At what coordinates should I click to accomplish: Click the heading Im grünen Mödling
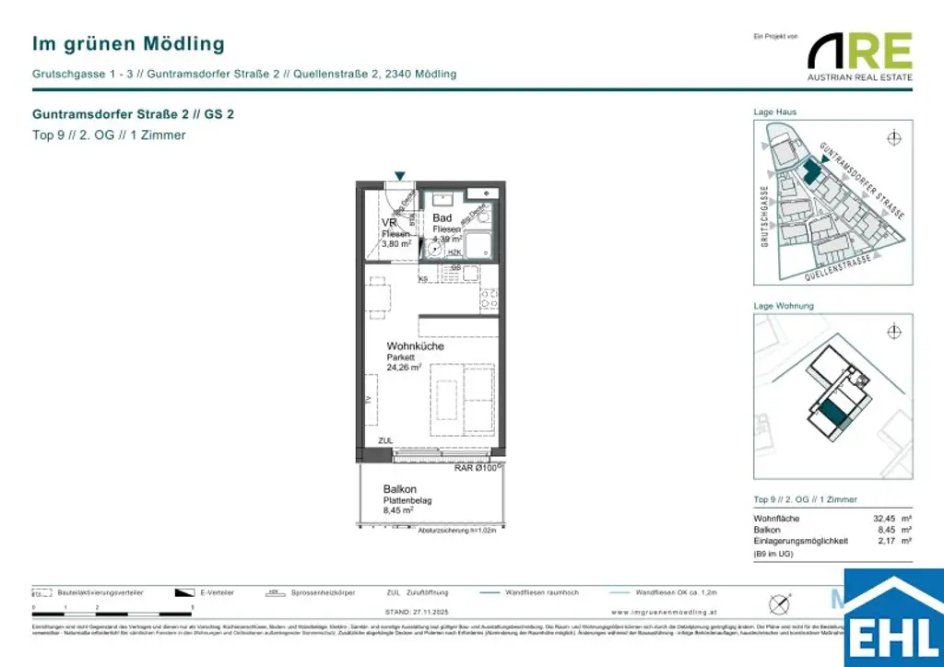tap(128, 43)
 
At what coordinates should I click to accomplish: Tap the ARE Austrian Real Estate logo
tap(860, 56)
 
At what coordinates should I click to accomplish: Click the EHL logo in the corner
tap(893, 621)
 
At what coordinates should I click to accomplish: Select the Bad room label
tap(442, 218)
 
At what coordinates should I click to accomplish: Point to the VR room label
tap(389, 223)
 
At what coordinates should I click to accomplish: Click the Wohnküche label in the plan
tap(415, 346)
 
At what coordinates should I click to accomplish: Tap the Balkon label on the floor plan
tap(400, 489)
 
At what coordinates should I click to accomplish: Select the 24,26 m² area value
tap(404, 367)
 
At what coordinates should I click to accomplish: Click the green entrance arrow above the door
tap(399, 176)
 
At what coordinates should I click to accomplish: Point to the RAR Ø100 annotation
tap(478, 468)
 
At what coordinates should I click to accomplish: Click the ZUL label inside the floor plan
tap(385, 441)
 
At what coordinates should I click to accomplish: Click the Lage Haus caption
tap(775, 112)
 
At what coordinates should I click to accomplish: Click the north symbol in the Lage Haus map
tap(892, 139)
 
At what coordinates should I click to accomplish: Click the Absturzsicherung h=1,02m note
tap(457, 532)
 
